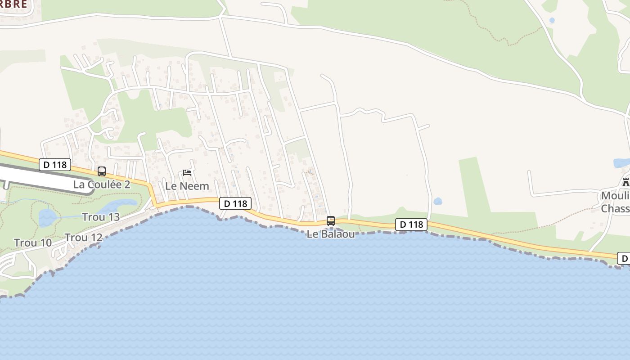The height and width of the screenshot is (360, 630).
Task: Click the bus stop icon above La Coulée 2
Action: pos(102,171)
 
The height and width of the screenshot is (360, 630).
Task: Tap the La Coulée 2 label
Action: pos(102,184)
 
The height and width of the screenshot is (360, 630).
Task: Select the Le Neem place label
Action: pos(187,186)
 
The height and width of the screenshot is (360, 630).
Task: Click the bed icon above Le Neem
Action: pos(187,173)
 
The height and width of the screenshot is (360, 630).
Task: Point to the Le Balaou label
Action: pos(331,234)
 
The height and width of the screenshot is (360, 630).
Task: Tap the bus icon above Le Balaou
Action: pos(331,221)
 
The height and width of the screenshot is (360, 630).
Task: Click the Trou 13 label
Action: pos(101,217)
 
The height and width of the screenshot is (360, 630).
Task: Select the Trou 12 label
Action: pos(83,238)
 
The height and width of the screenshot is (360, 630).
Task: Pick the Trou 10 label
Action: pos(33,243)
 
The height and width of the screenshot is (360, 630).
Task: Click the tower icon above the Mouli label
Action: pos(625,183)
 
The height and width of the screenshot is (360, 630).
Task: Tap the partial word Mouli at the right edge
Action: pos(615,196)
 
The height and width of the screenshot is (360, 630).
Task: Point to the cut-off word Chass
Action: pos(615,208)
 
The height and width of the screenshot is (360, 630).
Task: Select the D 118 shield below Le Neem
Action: pos(235,203)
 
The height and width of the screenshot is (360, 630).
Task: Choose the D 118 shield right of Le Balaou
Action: pos(411,224)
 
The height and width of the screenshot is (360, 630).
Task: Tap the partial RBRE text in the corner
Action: pos(13,4)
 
